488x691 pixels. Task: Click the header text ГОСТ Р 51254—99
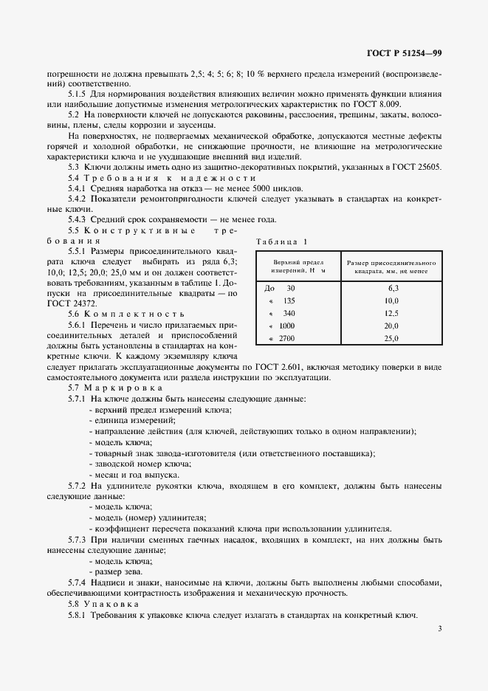coord(405,54)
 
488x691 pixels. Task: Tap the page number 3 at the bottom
coord(439,629)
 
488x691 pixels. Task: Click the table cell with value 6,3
coord(391,288)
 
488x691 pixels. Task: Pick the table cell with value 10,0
coord(391,300)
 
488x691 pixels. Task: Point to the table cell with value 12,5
coord(391,313)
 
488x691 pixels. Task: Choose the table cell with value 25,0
coord(391,338)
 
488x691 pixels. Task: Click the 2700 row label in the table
coord(284,338)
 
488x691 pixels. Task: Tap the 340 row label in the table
coord(286,313)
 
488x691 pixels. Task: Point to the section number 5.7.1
coord(78,399)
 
